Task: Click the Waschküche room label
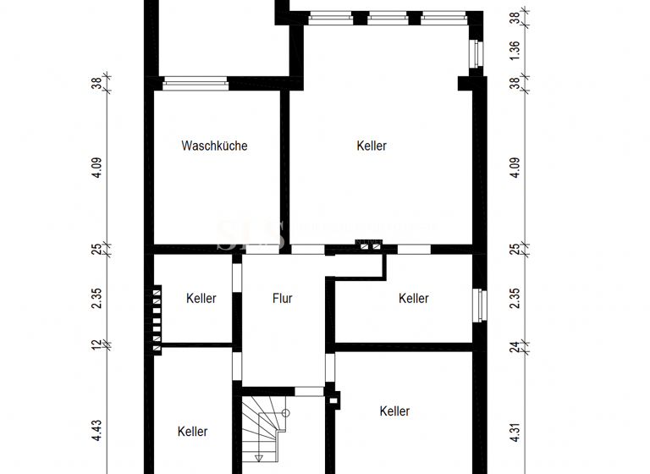pos(214,146)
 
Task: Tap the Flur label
pos(283,298)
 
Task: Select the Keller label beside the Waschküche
pos(372,146)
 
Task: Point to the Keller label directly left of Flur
pos(201,298)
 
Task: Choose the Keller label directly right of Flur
pos(413,298)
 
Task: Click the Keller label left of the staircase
pos(192,431)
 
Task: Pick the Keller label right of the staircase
pos(394,411)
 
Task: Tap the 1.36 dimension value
pos(515,52)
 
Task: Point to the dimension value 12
pos(97,344)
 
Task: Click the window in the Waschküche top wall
pos(196,83)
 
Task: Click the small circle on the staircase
pos(286,413)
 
